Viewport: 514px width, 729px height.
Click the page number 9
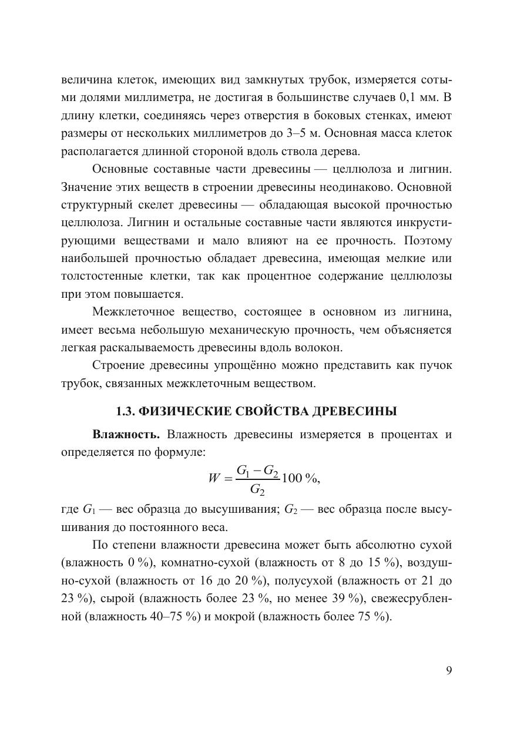[448, 671]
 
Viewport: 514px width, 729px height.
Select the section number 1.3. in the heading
[129, 411]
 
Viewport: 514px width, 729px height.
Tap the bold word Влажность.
[126, 435]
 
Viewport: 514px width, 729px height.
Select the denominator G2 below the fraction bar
[257, 489]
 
